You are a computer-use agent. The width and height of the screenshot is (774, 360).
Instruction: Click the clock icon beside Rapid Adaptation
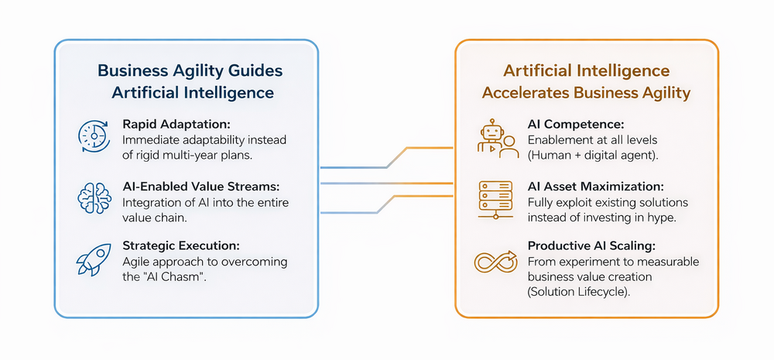coord(93,135)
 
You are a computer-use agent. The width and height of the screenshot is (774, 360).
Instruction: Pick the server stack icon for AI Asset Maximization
coord(494,200)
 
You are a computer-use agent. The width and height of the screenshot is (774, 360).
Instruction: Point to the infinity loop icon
coord(495,261)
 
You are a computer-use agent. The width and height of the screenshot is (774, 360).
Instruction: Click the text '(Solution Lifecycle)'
coord(577,291)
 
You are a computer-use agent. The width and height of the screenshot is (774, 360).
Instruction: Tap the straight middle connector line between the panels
coord(387,183)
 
